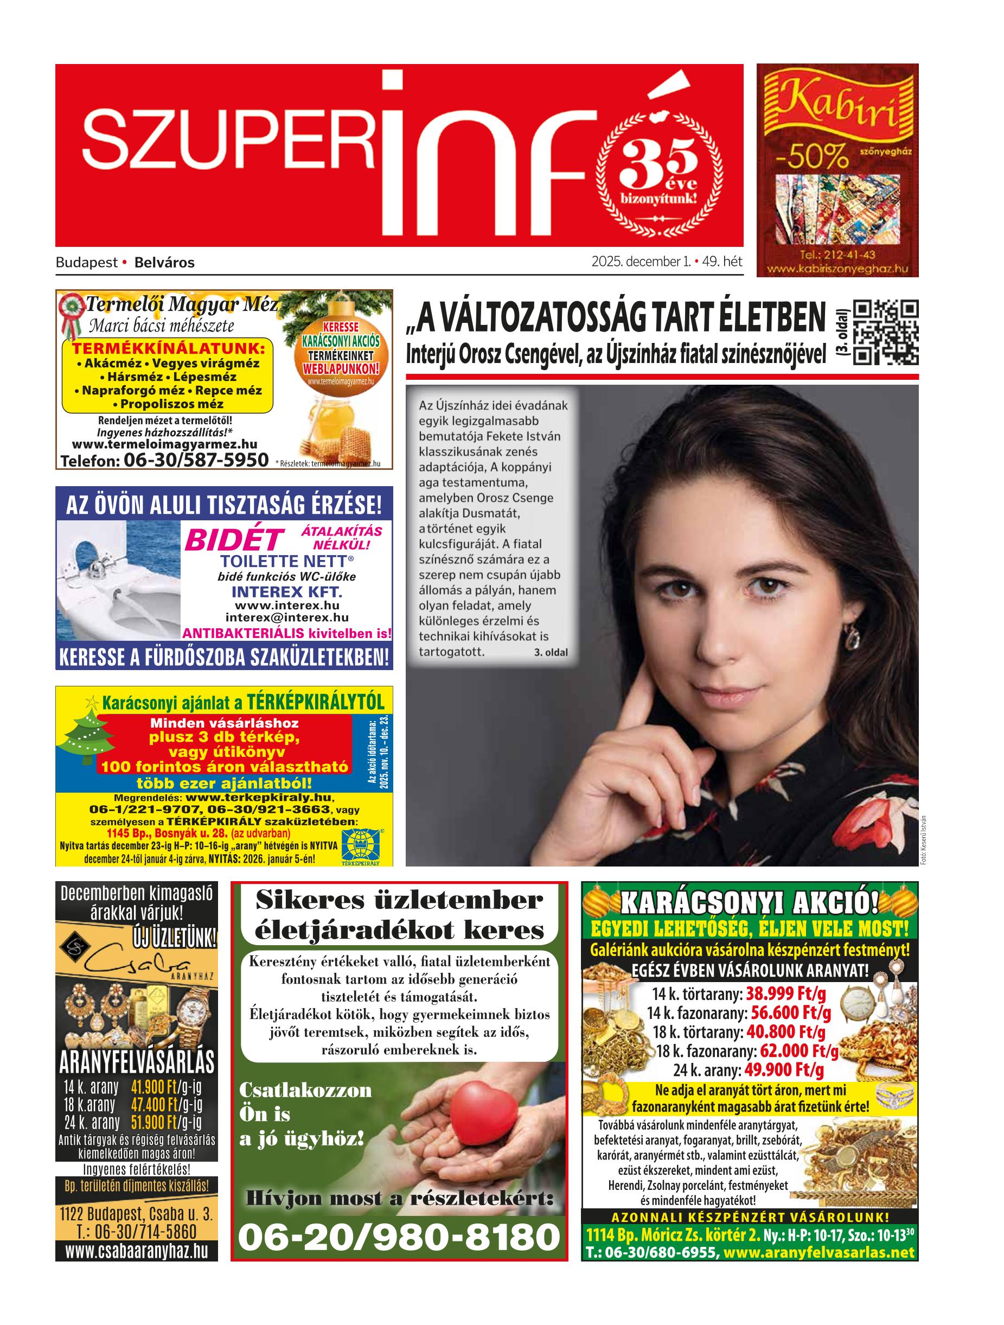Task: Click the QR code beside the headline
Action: (x=884, y=333)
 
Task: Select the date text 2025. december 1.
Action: (x=641, y=262)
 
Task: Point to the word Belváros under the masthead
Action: (x=165, y=263)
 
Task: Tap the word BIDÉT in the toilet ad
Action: (x=233, y=540)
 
